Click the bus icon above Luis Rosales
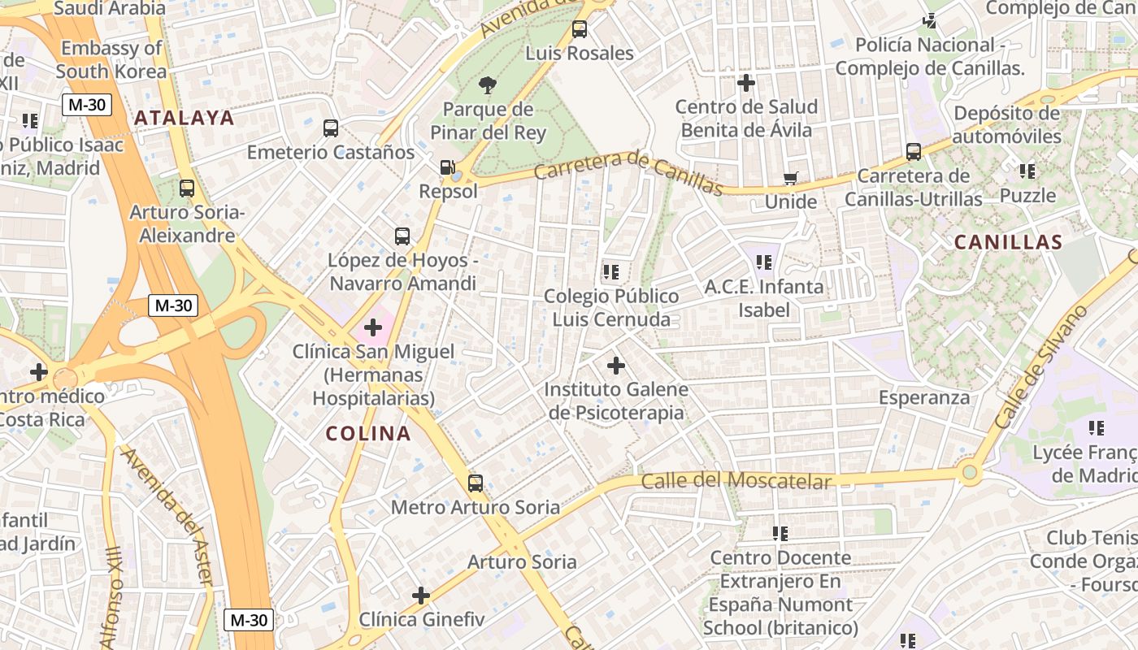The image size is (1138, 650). pos(580,29)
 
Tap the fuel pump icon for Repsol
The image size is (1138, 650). pos(446,167)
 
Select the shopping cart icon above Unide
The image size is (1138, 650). pos(790,178)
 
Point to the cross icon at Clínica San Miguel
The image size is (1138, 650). pos(373,327)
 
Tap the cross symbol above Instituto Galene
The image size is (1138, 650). pos(616,366)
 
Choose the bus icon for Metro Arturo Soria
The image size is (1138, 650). pos(476,483)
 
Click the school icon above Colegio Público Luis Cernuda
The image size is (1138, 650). pos(611,271)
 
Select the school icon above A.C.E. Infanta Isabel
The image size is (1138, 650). pos(764,262)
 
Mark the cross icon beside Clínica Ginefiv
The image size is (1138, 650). pos(421,596)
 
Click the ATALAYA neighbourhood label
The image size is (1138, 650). pos(185,118)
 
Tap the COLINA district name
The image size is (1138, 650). pos(368,434)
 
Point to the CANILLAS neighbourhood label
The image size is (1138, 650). pos(1008,242)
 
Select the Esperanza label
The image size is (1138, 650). pos(924,397)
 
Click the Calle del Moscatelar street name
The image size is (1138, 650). pos(736,481)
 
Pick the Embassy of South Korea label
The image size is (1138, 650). pos(112,59)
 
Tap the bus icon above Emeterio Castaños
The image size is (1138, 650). pos(331,128)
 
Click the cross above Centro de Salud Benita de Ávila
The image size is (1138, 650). pos(746,83)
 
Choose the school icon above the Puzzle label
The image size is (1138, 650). pos(1027,171)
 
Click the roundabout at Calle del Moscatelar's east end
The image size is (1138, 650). pos(969,471)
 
